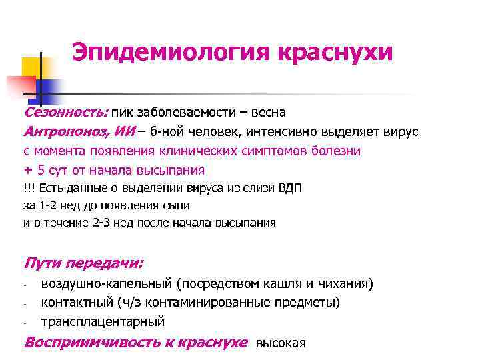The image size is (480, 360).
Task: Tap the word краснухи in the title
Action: pyautogui.click(x=334, y=52)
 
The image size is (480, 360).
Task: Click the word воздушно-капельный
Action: pyautogui.click(x=107, y=283)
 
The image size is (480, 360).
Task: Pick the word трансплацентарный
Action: pyautogui.click(x=103, y=322)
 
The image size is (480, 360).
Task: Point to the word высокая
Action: pyautogui.click(x=281, y=343)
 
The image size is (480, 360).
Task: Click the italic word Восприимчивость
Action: pyautogui.click(x=81, y=343)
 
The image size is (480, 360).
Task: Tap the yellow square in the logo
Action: pyautogui.click(x=31, y=67)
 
